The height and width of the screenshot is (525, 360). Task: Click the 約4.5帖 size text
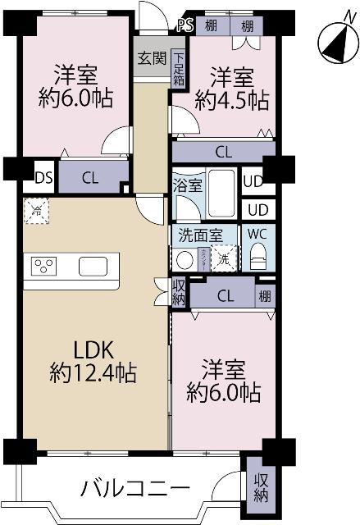(231, 101)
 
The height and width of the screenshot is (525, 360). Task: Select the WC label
(258, 233)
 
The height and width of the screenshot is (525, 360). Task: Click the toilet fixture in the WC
(257, 258)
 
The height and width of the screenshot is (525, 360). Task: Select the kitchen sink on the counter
(93, 267)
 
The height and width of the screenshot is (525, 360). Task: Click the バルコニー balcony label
(134, 489)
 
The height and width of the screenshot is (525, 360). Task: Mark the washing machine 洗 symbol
(223, 259)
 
